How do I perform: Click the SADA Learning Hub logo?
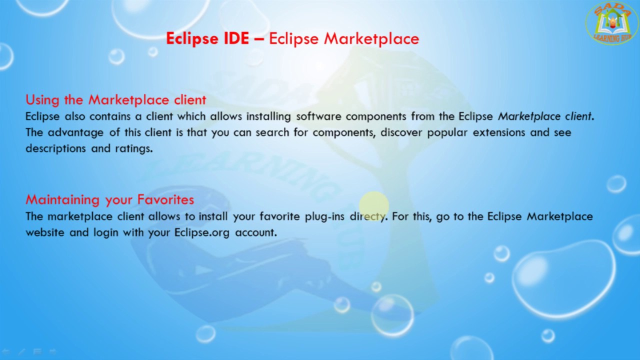click(x=611, y=23)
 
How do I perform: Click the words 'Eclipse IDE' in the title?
click(x=207, y=38)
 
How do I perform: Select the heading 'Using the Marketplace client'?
click(x=115, y=99)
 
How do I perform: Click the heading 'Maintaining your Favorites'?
click(x=109, y=199)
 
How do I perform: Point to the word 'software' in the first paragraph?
click(x=318, y=116)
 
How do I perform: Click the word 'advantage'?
click(x=75, y=132)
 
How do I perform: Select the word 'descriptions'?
click(x=55, y=148)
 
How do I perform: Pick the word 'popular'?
click(x=447, y=132)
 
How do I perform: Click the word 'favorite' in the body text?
click(x=279, y=216)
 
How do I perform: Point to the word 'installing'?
click(x=268, y=116)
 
